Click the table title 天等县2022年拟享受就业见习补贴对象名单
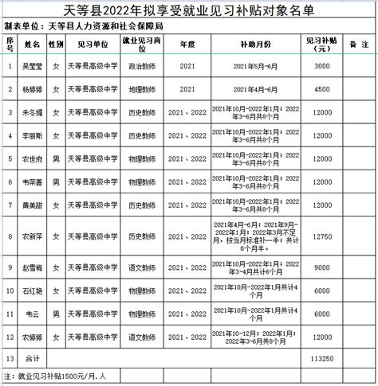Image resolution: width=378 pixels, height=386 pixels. pyautogui.click(x=189, y=10)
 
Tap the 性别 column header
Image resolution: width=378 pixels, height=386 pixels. pyautogui.click(x=55, y=41)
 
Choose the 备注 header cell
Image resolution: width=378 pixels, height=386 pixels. pyautogui.click(x=353, y=41)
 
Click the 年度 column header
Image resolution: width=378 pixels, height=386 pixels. pyautogui.click(x=187, y=41)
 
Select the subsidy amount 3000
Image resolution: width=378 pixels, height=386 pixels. pyautogui.click(x=321, y=67)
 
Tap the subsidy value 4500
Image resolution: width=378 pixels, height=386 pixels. pyautogui.click(x=321, y=90)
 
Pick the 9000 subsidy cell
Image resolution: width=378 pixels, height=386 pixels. pyautogui.click(x=321, y=268)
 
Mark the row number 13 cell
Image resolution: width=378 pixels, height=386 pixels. pyautogui.click(x=9, y=360)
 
